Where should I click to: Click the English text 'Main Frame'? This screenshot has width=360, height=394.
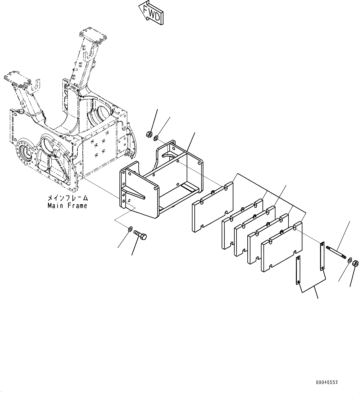(67, 206)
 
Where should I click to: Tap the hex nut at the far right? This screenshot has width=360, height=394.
(356, 263)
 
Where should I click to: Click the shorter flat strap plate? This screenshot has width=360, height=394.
(298, 270)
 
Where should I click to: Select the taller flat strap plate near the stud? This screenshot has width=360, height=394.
(322, 255)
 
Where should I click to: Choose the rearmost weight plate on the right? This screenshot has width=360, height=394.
(282, 247)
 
